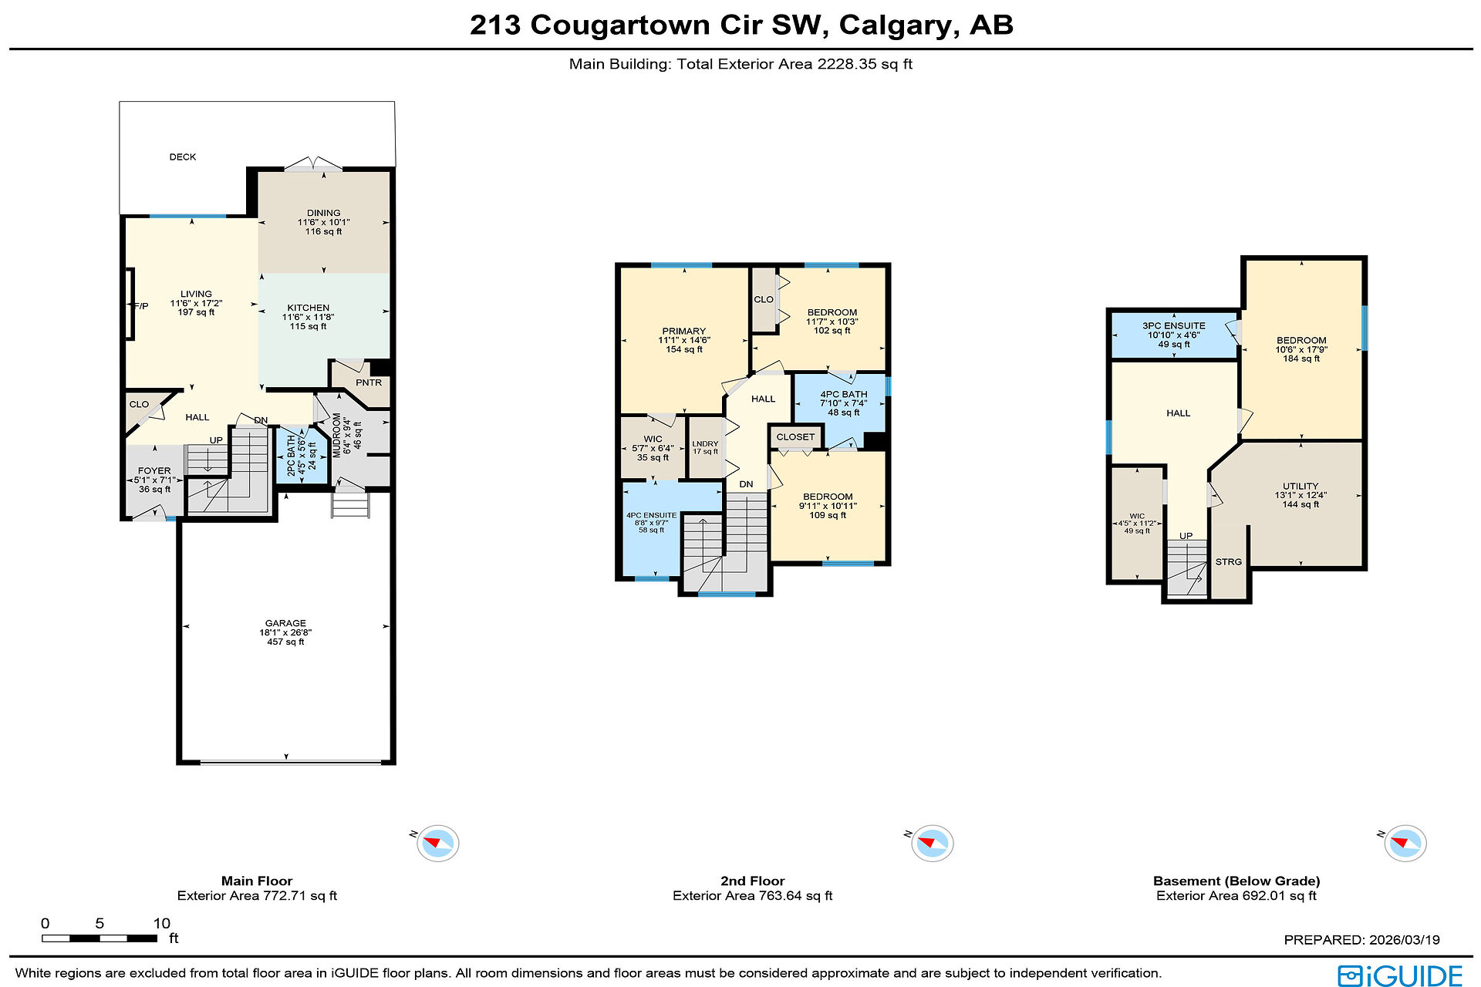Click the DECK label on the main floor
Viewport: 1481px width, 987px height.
[x=183, y=157]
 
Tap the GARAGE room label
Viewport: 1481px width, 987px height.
[x=285, y=623]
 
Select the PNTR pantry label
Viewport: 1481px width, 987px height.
[x=369, y=382]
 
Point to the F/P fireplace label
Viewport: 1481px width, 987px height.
[x=141, y=306]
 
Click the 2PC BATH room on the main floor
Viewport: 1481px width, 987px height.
[x=302, y=455]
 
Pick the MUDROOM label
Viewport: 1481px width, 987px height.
[x=337, y=435]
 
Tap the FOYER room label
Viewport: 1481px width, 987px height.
[x=154, y=470]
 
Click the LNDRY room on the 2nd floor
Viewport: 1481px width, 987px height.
[x=705, y=444]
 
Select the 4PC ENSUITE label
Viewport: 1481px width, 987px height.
[x=652, y=515]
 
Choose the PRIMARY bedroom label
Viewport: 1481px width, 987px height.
[x=684, y=331]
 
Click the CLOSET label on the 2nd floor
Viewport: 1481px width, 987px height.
[x=795, y=437]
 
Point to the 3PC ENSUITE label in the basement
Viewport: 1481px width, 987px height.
[x=1174, y=326]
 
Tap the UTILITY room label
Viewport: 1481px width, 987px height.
[x=1301, y=487]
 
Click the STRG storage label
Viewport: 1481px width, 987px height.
[x=1229, y=562]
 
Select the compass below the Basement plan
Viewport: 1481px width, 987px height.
[x=1405, y=843]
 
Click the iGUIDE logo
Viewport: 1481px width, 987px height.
[x=1400, y=975]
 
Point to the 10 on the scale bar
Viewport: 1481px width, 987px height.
[x=161, y=924]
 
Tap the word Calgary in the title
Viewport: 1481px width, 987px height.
[x=899, y=25]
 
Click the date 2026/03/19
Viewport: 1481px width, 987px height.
[x=1404, y=940]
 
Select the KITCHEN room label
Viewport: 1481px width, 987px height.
[x=309, y=308]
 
